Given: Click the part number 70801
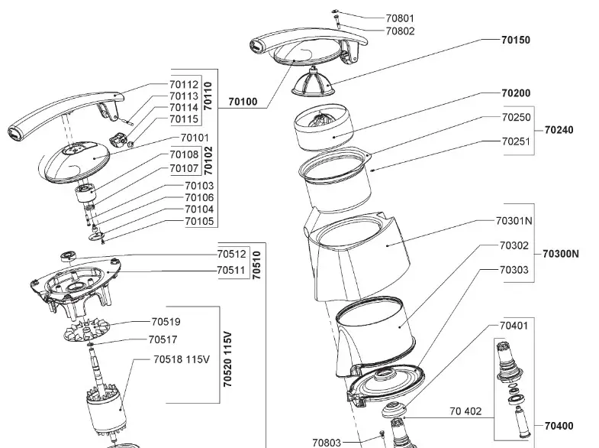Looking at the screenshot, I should pos(400,18).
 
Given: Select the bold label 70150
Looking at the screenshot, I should pos(516,40).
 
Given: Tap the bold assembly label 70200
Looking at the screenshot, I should pos(516,93).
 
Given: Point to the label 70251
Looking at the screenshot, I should pos(516,141).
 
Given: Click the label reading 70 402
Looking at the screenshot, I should pos(462,411).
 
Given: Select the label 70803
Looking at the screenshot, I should pos(327,442).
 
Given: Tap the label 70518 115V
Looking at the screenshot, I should pos(181,359).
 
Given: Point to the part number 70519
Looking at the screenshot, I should pos(166,322).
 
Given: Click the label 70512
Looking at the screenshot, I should pos(231,255).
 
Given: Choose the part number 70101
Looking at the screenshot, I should pos(195,138).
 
